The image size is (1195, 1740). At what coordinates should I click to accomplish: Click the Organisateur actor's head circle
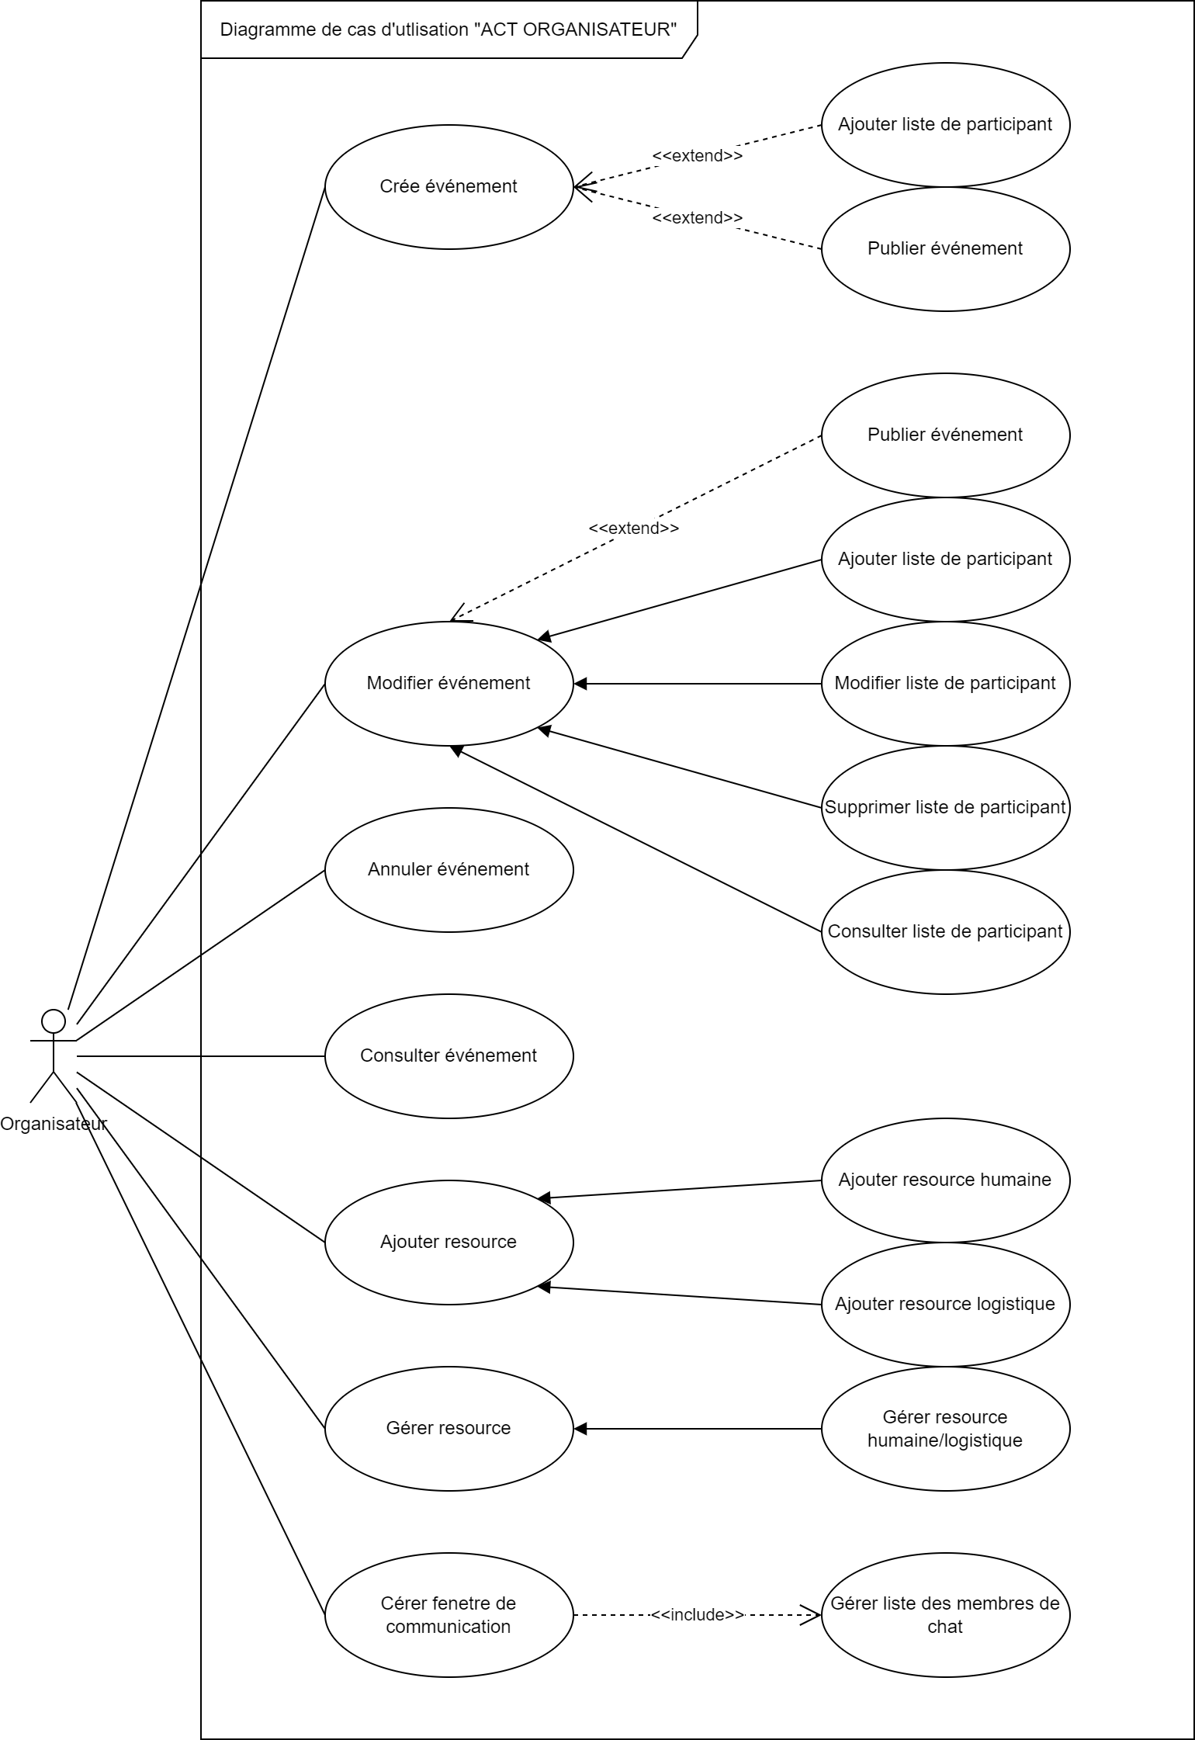click(53, 1020)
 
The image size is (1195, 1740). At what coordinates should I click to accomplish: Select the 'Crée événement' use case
click(449, 186)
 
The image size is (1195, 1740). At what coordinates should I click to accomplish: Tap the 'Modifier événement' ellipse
click(449, 683)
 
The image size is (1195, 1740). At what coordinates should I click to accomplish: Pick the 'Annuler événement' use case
click(449, 869)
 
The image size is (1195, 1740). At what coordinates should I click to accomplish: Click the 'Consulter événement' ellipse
click(449, 1055)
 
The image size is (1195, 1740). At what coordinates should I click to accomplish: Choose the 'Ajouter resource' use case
click(449, 1242)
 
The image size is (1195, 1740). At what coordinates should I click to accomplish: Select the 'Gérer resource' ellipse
click(449, 1428)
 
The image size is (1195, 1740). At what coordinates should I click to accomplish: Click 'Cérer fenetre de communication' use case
click(449, 1614)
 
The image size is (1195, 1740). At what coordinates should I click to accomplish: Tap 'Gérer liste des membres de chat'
click(945, 1614)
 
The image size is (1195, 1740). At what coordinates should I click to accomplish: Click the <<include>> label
click(697, 1614)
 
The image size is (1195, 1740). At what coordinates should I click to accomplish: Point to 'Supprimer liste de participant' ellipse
click(945, 807)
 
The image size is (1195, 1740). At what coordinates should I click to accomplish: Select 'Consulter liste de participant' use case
click(945, 931)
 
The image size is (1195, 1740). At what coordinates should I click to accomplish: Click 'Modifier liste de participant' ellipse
click(945, 683)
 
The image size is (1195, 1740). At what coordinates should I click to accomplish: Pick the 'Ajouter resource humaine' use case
click(945, 1180)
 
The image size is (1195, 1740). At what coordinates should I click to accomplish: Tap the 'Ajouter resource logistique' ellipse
click(945, 1304)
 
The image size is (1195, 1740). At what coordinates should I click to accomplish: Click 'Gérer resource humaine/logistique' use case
click(945, 1428)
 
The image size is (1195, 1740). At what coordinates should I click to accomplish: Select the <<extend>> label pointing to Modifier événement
click(633, 529)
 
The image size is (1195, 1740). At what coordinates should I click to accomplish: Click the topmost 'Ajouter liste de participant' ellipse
click(945, 124)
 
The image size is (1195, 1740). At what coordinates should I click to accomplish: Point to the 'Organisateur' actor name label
click(53, 1123)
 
